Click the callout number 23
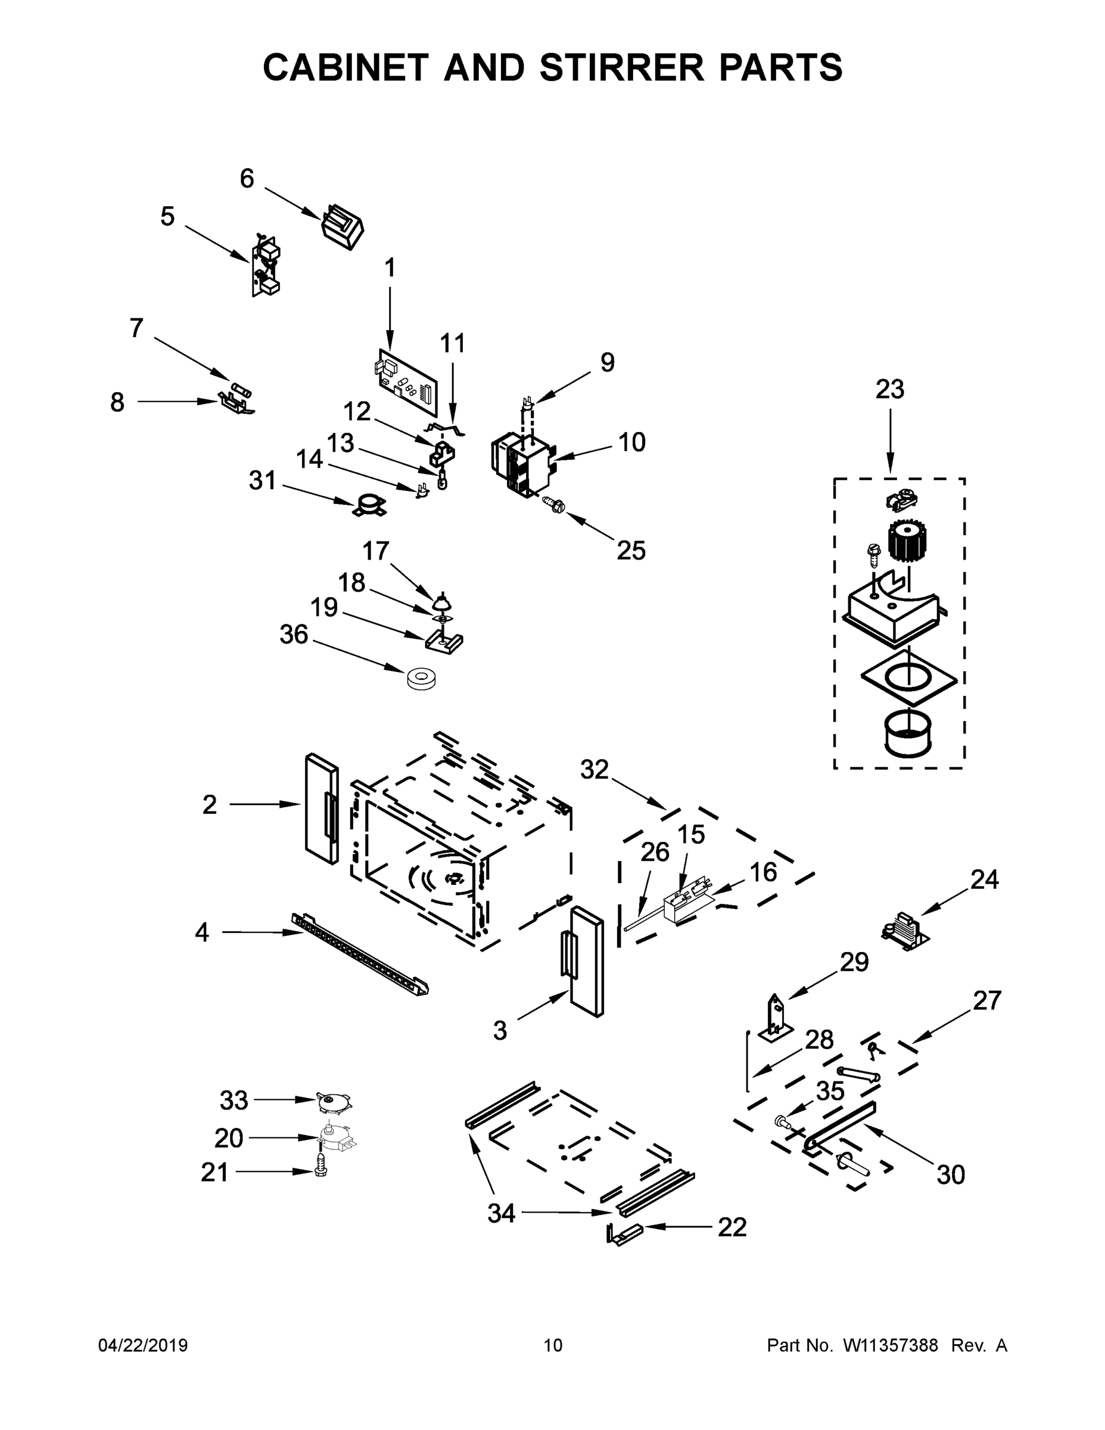[x=889, y=390]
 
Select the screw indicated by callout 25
[x=554, y=504]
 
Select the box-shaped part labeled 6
[x=343, y=226]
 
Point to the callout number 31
[x=263, y=481]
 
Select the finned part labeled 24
[x=905, y=931]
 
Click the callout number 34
[x=502, y=1214]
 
